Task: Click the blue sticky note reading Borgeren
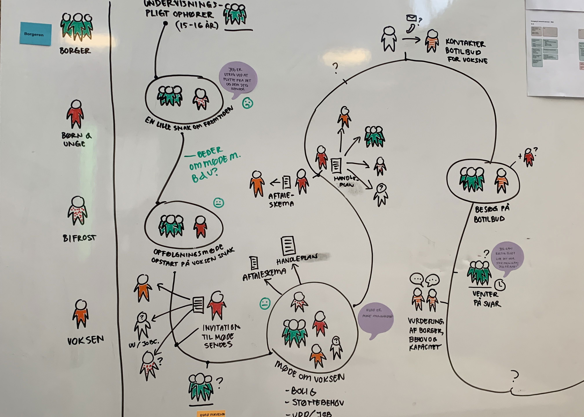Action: tap(35, 34)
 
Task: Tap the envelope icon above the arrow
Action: tap(411, 18)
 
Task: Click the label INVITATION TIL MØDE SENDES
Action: tap(220, 336)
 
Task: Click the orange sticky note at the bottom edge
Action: tap(211, 413)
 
